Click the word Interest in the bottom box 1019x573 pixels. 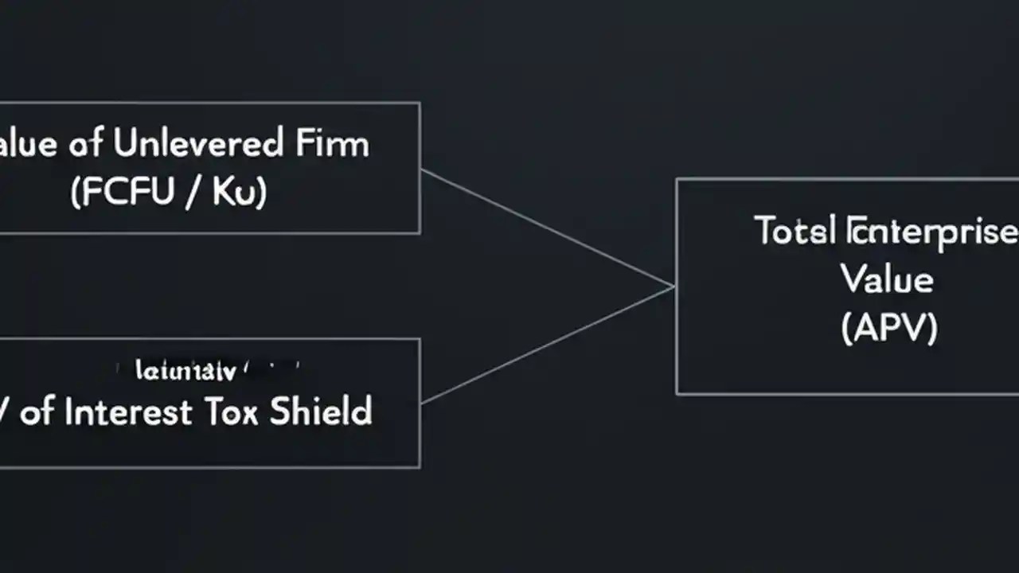[128, 412]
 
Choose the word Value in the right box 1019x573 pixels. [887, 279]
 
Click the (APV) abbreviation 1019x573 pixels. [888, 327]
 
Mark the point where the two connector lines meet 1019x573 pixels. [673, 286]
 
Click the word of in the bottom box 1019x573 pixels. [38, 412]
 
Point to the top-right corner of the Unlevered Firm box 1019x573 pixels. [420, 103]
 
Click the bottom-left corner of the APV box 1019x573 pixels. [677, 393]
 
